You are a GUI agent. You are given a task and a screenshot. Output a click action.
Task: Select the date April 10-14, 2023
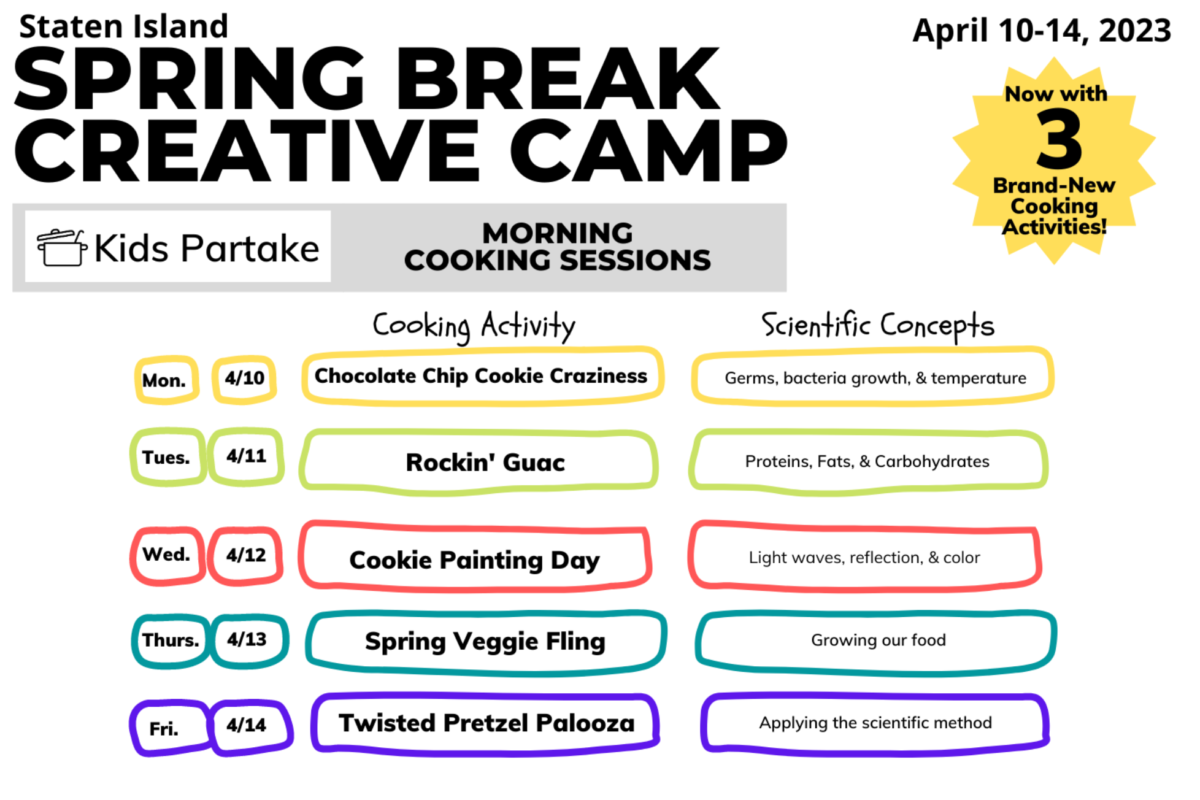coord(1041,31)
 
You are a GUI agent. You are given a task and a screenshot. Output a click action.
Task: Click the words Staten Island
coord(123,27)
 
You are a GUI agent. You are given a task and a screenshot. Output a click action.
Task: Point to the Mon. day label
coord(164,380)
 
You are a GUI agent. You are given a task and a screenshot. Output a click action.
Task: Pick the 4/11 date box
coord(246,456)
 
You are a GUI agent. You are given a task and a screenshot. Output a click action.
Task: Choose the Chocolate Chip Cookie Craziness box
coord(481,376)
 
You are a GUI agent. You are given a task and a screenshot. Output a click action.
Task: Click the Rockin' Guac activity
coord(485,463)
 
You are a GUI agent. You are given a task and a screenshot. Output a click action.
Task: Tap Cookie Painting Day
coord(474,560)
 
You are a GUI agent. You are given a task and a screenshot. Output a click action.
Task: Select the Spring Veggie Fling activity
coord(485,641)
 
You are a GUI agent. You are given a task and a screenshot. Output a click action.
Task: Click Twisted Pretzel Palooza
coord(486,723)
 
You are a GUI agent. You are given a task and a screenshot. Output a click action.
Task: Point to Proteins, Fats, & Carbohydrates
coord(866,461)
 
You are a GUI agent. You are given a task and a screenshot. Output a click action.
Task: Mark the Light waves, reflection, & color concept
coord(864,557)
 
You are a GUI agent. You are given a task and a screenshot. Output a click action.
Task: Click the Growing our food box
coord(877,640)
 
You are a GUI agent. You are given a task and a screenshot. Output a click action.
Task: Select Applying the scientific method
coord(875,723)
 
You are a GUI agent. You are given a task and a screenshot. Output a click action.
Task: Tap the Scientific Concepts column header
coord(877,325)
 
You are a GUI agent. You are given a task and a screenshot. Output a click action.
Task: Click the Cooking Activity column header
coord(474,325)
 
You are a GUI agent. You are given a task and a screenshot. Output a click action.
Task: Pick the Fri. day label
coord(164,728)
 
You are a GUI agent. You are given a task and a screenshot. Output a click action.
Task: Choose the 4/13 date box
coord(247,639)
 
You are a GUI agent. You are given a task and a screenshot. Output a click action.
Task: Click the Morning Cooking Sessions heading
coord(557,247)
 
